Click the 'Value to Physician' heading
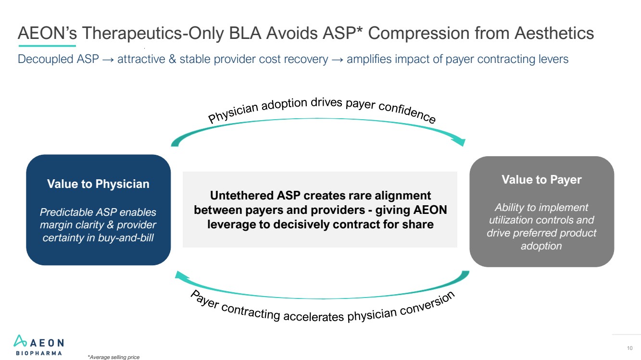(x=98, y=184)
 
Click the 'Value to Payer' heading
(x=541, y=180)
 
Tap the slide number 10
(x=629, y=348)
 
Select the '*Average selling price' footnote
(x=113, y=357)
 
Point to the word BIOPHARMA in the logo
(x=39, y=353)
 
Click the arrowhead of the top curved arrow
(x=459, y=141)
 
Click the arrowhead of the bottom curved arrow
(x=181, y=275)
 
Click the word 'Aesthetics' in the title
(x=554, y=33)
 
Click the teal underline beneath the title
(x=47, y=46)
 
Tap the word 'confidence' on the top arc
(x=407, y=112)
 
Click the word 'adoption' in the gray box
(x=541, y=246)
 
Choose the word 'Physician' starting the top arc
(x=233, y=112)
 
